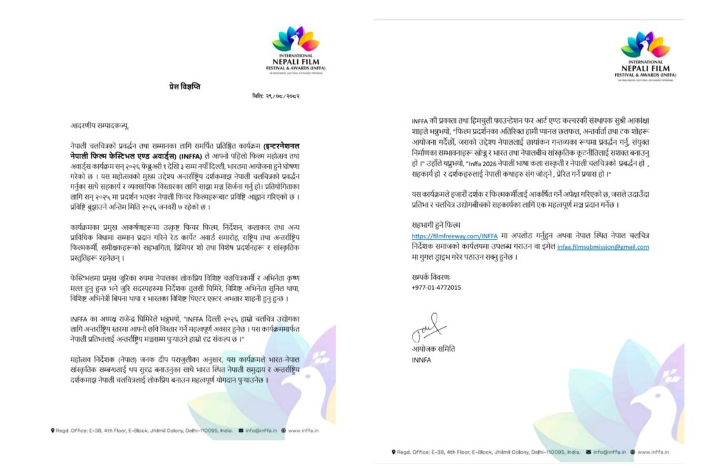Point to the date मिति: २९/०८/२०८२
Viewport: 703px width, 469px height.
tap(275, 96)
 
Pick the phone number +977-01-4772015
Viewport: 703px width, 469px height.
tap(436, 287)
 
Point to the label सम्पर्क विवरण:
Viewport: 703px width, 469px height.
tap(430, 276)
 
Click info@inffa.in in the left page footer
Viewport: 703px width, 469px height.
tap(262, 431)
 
